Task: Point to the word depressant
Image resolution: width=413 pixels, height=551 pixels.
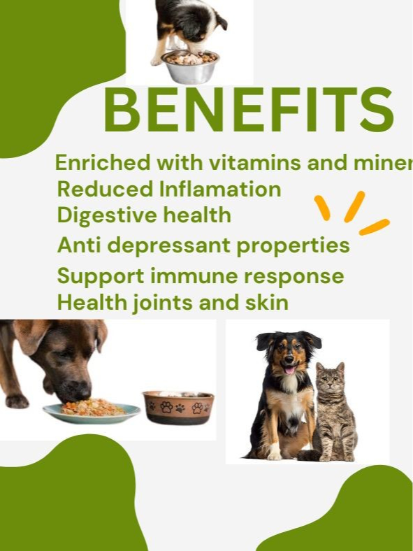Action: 194,246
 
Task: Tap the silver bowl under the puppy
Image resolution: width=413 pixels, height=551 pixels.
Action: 189,67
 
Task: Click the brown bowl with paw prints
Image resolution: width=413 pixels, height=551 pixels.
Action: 178,408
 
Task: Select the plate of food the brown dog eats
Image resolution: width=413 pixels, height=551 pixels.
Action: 91,411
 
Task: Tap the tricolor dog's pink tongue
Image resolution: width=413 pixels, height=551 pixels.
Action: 288,369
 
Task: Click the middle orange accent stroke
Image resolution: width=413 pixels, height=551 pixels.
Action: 354,206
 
